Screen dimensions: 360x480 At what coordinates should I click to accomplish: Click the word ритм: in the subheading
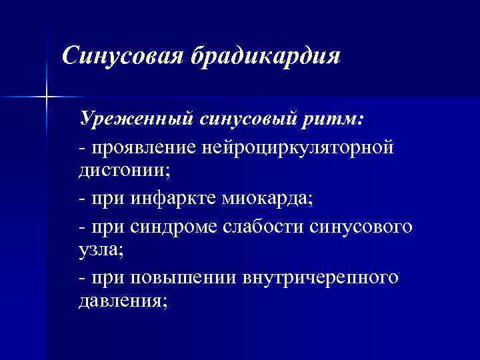[339, 119]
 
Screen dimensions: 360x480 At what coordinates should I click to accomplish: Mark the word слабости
[263, 226]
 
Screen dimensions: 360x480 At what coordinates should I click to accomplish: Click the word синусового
[361, 226]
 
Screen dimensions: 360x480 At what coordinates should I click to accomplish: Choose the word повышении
[175, 278]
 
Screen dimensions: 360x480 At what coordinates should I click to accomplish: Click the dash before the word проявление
[82, 147]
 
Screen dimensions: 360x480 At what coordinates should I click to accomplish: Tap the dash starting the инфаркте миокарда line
[82, 199]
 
